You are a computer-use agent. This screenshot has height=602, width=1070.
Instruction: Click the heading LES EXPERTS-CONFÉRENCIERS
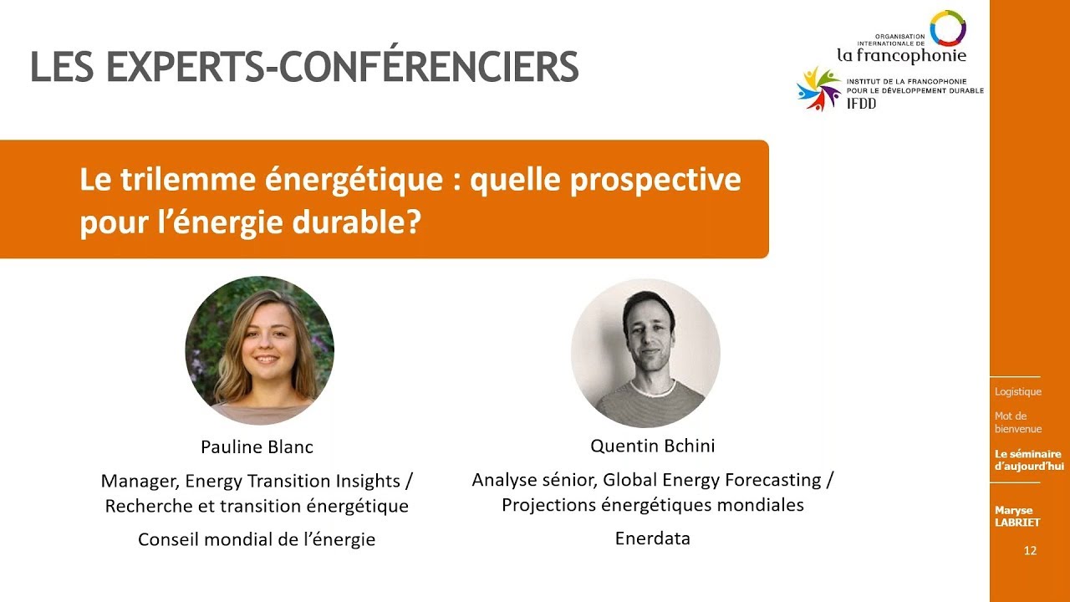point(304,67)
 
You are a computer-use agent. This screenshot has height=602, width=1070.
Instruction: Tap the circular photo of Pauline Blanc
point(259,350)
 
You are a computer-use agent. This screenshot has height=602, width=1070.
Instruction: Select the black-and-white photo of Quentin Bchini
point(645,353)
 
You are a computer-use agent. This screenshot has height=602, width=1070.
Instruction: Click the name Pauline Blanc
point(257,446)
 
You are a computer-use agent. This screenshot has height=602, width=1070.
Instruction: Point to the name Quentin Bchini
point(652,446)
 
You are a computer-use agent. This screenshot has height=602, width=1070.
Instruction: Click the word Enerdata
point(652,538)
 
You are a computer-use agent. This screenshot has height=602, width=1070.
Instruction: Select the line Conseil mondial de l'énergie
point(257,539)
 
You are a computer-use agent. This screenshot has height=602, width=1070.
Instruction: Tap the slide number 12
point(1030,551)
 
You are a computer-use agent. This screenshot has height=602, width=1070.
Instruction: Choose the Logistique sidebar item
point(1017,391)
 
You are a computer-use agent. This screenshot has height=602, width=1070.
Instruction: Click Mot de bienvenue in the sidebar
point(1017,422)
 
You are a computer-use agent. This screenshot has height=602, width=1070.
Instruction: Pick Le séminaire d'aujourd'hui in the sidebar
point(1028,460)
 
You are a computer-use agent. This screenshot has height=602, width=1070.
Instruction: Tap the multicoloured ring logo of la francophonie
point(947,27)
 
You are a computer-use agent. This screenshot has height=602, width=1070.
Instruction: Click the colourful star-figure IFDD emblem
point(818,89)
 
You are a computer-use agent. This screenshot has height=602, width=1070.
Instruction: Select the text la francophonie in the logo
point(900,56)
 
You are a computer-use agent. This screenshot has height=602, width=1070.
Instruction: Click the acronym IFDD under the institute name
point(861,104)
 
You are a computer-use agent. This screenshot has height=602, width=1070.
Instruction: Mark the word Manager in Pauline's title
point(138,481)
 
